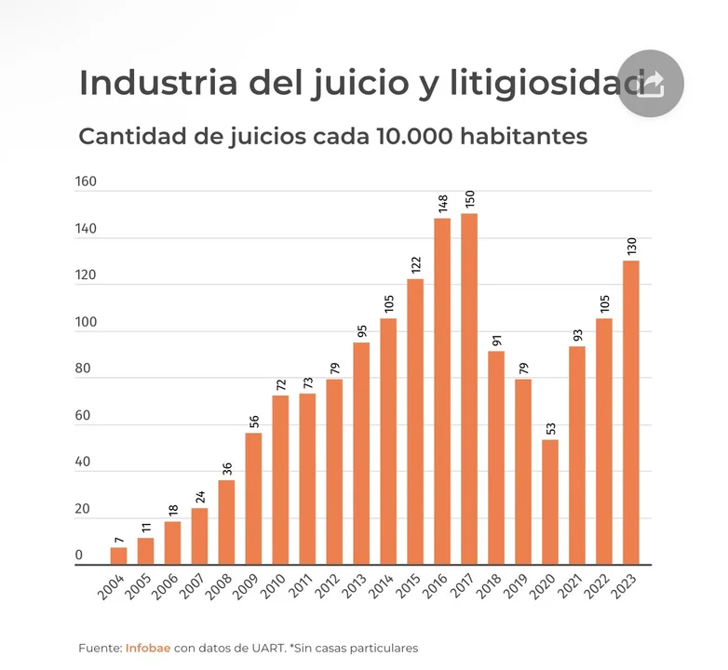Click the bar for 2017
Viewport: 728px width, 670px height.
coord(469,389)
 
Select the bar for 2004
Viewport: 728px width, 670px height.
coord(118,556)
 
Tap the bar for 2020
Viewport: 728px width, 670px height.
coord(550,502)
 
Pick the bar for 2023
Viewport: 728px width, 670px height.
coord(631,412)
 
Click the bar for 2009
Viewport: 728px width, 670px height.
coord(253,498)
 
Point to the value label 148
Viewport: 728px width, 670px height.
coord(442,202)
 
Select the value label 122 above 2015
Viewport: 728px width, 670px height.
coord(415,263)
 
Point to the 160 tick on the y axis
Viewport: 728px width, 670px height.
coord(86,181)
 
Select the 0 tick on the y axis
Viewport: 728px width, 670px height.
coord(79,556)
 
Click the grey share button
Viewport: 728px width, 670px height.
coord(651,84)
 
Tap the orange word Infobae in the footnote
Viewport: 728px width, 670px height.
coord(148,648)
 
